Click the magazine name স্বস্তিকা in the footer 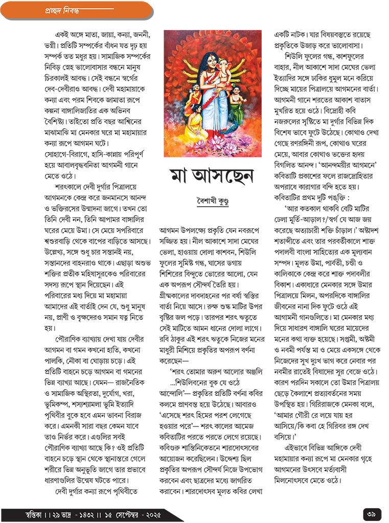click(27, 512)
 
